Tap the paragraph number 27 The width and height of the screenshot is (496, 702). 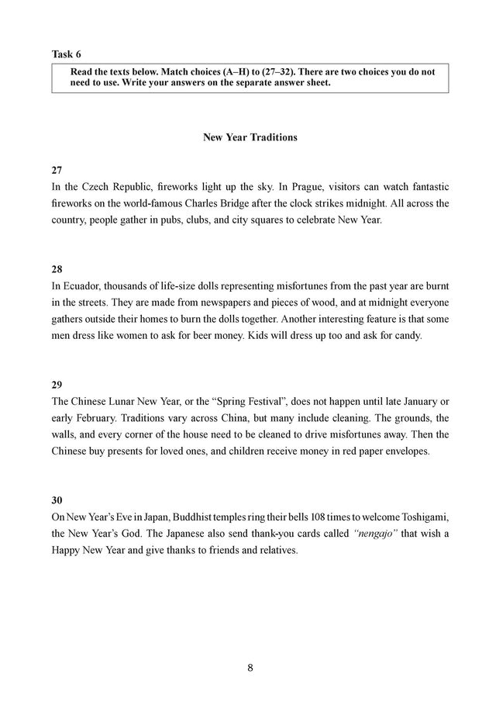coord(57,170)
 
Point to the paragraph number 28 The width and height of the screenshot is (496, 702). coord(57,268)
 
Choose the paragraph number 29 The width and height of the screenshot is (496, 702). coord(57,385)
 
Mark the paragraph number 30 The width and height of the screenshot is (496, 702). coord(57,500)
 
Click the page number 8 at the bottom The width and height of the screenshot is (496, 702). coord(250,667)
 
